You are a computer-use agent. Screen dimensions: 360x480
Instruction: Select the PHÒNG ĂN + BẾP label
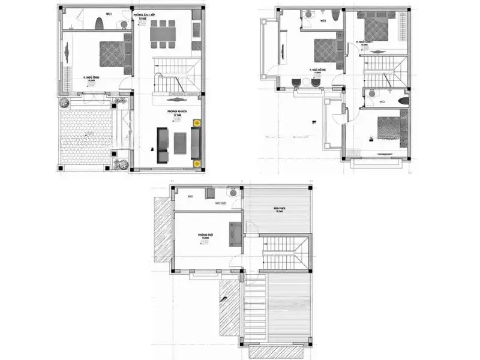[144, 16]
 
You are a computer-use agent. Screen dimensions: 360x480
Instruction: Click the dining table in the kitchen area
[163, 34]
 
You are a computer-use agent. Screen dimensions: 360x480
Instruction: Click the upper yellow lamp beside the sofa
[196, 123]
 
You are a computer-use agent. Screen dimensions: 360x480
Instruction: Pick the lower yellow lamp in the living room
[196, 163]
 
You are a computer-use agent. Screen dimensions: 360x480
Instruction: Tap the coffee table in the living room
[179, 142]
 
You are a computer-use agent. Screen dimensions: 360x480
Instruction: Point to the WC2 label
[323, 20]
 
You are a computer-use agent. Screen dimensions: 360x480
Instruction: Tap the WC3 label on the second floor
[382, 101]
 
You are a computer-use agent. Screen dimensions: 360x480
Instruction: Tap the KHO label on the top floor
[189, 196]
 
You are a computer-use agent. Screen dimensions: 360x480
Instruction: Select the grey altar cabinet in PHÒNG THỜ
[235, 233]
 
